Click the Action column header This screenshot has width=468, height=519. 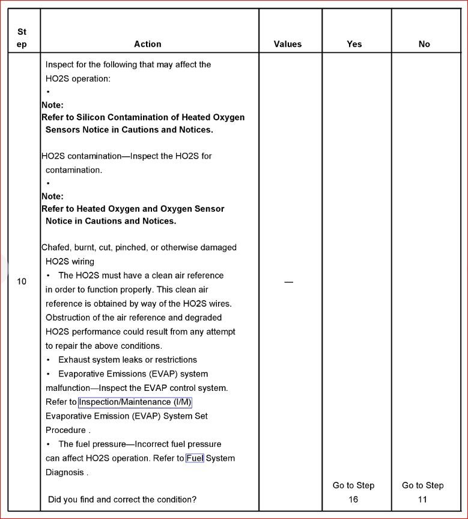coord(147,44)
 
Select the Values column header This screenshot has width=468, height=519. coord(288,44)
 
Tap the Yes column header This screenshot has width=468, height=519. coord(354,44)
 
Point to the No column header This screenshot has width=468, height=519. coord(424,44)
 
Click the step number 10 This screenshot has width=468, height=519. coord(22,281)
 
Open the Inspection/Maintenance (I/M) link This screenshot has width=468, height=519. coord(135,402)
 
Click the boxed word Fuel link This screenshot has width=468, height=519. coord(195,458)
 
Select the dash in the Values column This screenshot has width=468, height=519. coord(288,282)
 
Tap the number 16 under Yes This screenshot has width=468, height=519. coord(353,499)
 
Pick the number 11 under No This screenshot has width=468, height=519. coord(423,499)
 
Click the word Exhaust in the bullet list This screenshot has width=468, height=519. coord(75,360)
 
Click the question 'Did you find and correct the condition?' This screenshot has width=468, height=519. coord(122,499)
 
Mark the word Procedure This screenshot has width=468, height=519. coord(65,430)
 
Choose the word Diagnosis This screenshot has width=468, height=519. coord(64,472)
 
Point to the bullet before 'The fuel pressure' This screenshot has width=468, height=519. coord(49,444)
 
